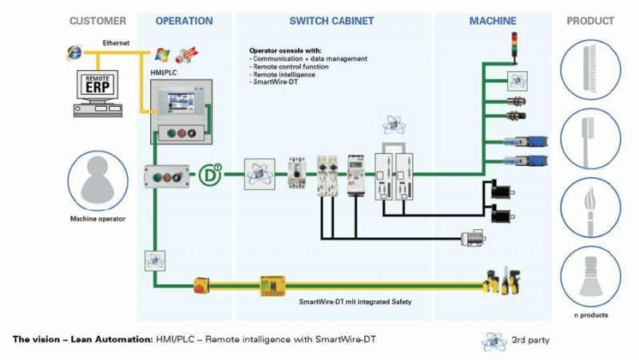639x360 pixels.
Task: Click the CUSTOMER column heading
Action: pyautogui.click(x=97, y=21)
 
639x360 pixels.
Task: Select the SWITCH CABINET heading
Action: pyautogui.click(x=331, y=21)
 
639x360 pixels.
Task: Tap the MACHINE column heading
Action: pyautogui.click(x=493, y=21)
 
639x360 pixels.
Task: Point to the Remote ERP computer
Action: pyautogui.click(x=97, y=92)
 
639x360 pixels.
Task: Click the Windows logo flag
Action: pyautogui.click(x=162, y=53)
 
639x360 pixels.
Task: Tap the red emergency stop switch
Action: pyautogui.click(x=201, y=283)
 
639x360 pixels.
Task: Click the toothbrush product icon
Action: pyautogui.click(x=590, y=140)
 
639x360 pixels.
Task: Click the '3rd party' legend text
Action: pyautogui.click(x=530, y=341)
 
